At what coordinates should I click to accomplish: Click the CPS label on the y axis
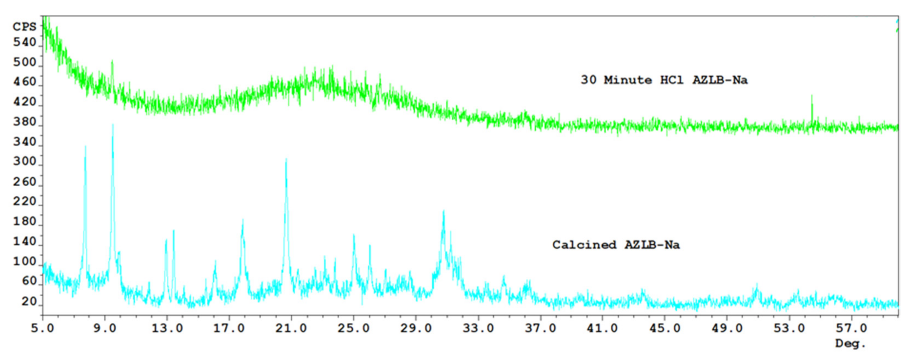(24, 27)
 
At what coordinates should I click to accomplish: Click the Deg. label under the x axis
(850, 344)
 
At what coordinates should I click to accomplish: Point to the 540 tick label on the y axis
(24, 42)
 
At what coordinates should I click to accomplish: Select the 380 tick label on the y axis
(24, 122)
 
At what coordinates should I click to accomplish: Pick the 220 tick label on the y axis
(24, 202)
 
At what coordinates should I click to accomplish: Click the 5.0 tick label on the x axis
(42, 328)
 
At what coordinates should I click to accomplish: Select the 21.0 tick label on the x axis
(291, 328)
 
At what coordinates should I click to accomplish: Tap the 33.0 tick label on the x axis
(478, 328)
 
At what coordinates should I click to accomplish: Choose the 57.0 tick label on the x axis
(851, 328)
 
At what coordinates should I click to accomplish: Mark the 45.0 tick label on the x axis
(665, 328)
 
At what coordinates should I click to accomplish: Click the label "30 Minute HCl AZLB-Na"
(664, 80)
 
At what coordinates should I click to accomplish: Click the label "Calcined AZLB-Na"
(616, 245)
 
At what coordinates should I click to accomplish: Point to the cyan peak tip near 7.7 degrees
(85, 146)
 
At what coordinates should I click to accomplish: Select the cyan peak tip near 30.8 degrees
(443, 211)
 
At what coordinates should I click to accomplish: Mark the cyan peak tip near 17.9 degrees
(243, 220)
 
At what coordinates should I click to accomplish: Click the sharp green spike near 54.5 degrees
(811, 95)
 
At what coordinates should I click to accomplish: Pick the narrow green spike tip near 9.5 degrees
(112, 61)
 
